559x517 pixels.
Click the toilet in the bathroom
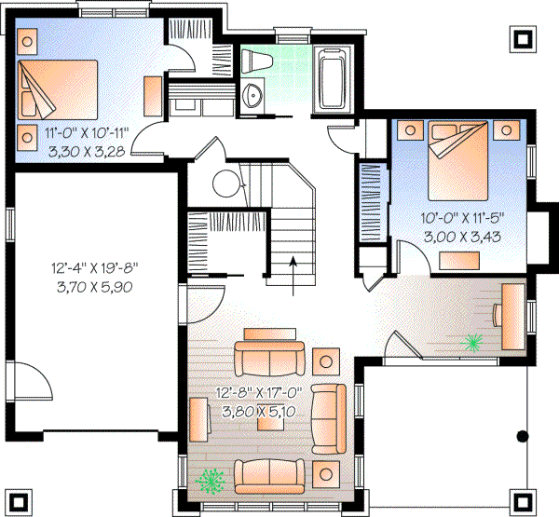pyautogui.click(x=255, y=62)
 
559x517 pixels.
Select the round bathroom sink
pyautogui.click(x=252, y=94)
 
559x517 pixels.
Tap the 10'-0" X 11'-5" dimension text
pyautogui.click(x=462, y=219)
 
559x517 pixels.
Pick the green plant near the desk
pyautogui.click(x=472, y=344)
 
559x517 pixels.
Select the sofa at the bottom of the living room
pyautogui.click(x=270, y=476)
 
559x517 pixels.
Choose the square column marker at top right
pyautogui.click(x=523, y=40)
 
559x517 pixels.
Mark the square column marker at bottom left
pyautogui.click(x=20, y=498)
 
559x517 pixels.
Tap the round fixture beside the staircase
pyautogui.click(x=226, y=184)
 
